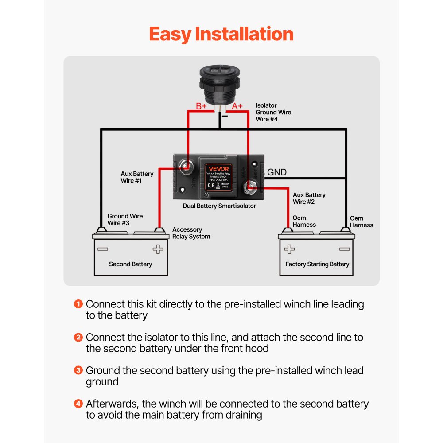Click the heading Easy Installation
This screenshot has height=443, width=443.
coord(221,34)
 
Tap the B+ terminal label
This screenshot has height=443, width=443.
coord(202,106)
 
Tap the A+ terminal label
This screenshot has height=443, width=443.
coord(237,106)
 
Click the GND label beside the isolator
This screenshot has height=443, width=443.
coord(277,172)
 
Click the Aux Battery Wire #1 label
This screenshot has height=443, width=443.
coord(137,177)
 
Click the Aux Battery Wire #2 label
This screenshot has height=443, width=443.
coord(309,198)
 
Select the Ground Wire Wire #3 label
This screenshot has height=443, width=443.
coord(125,219)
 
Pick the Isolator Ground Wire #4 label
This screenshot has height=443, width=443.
coord(273,113)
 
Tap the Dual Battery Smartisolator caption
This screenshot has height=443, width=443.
coord(219,206)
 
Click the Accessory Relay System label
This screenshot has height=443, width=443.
coord(191,233)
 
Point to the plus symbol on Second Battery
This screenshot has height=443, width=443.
coord(158,249)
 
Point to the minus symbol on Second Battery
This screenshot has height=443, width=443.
coord(102,249)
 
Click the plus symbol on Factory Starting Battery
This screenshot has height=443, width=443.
coord(289,249)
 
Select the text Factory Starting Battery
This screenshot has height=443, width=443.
coord(317,264)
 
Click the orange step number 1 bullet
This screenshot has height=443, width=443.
coord(78,304)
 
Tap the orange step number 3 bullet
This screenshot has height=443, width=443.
coord(78,370)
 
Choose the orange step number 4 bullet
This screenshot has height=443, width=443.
coord(78,404)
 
